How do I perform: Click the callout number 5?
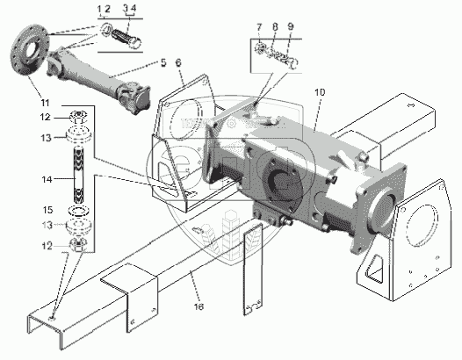(163, 62)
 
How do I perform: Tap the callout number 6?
(178, 62)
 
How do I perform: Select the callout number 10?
(320, 92)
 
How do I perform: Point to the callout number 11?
(45, 103)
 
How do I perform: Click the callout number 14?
(47, 179)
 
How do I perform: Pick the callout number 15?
(47, 210)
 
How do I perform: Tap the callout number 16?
(199, 306)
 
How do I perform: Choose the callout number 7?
(259, 27)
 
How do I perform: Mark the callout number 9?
(291, 26)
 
